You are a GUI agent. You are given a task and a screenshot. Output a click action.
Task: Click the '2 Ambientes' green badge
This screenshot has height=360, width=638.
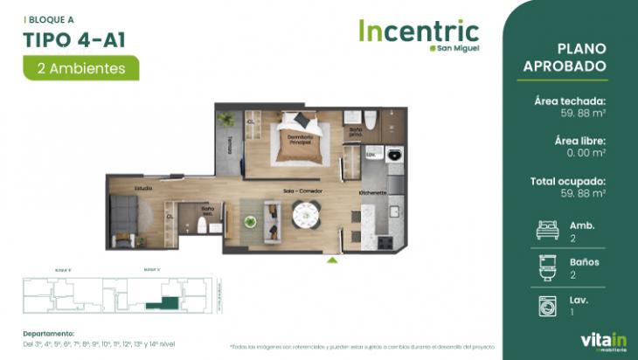[x=80, y=66]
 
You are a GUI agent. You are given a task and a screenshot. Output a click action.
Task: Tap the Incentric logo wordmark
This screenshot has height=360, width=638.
[x=418, y=32]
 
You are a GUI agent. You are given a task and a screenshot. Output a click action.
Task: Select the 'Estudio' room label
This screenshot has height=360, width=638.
[x=143, y=188]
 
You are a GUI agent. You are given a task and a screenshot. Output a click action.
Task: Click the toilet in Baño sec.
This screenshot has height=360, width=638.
[x=203, y=226]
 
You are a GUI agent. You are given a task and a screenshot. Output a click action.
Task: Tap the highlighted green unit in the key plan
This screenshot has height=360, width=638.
[x=165, y=302]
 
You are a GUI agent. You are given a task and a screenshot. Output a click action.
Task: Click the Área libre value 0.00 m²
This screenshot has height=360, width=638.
[x=585, y=152]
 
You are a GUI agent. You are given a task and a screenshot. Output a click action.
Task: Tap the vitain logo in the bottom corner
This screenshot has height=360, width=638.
[x=602, y=340]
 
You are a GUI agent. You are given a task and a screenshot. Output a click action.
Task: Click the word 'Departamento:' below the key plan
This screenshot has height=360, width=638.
[x=48, y=333]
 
